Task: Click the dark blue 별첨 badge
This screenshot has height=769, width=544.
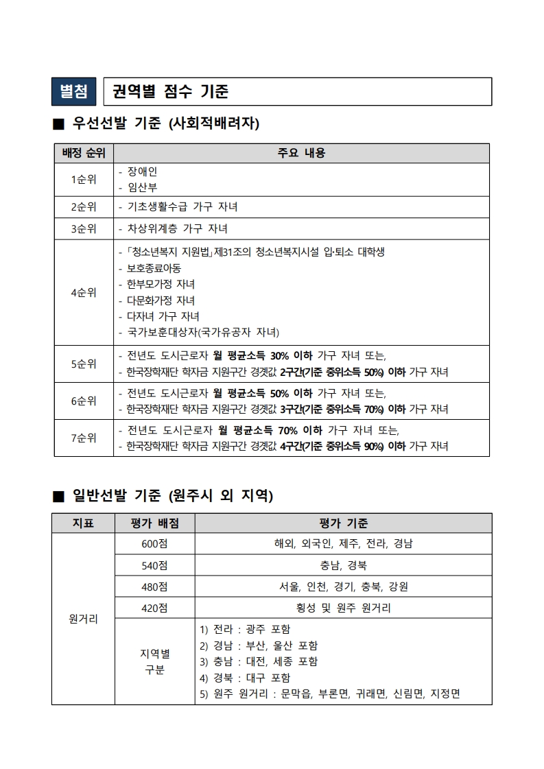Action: (74, 91)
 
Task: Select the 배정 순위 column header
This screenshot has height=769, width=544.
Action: (84, 153)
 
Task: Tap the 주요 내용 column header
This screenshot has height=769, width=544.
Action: (301, 153)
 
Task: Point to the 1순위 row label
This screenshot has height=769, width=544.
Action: (84, 180)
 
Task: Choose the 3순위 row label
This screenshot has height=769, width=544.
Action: (84, 228)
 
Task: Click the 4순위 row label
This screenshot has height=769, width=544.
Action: (84, 292)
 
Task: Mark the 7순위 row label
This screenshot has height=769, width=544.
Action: (84, 438)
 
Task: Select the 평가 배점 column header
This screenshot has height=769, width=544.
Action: (154, 523)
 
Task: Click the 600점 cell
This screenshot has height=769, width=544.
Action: (154, 544)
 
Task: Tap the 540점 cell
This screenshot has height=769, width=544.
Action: (154, 565)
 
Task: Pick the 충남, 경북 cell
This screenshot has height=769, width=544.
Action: (343, 565)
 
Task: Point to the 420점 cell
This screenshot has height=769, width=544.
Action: (154, 608)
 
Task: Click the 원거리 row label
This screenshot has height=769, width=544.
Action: (83, 619)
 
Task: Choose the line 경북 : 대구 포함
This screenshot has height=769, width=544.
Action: (244, 678)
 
